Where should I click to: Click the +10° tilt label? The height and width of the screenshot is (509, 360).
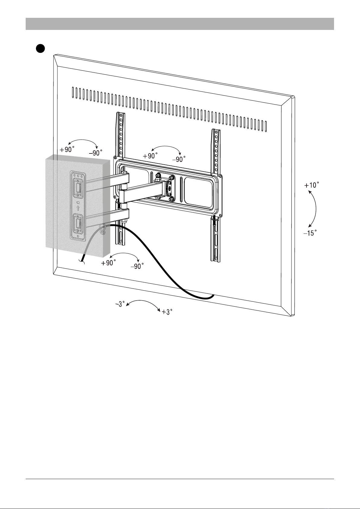[312, 185]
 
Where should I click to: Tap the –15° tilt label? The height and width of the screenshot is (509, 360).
[310, 233]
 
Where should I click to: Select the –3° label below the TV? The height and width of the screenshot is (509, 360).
[120, 304]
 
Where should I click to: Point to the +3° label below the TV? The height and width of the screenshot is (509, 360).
[167, 312]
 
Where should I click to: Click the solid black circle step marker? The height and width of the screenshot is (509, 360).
[40, 48]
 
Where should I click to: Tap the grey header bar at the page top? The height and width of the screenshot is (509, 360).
[180, 24]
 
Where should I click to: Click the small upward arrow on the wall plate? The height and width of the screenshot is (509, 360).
[78, 208]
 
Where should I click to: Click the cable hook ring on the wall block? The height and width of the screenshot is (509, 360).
[103, 230]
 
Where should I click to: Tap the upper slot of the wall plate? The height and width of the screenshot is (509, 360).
[78, 188]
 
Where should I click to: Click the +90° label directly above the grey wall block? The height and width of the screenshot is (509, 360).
[67, 150]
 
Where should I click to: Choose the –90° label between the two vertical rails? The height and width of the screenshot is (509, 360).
[179, 159]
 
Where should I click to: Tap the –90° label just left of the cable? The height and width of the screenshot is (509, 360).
[137, 266]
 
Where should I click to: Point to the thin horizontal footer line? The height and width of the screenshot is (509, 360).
[180, 479]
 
